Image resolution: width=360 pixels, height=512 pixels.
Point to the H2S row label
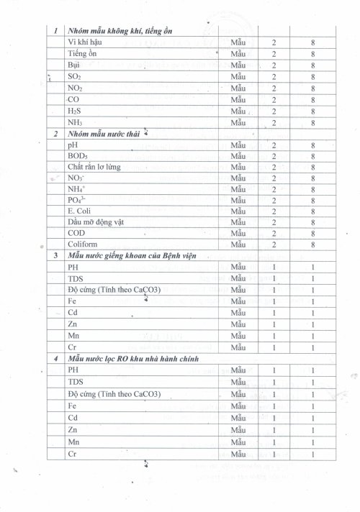(75, 111)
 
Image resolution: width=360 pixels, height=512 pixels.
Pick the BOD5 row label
(77, 156)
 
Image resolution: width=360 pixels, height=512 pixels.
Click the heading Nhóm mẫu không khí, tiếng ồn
(122, 32)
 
